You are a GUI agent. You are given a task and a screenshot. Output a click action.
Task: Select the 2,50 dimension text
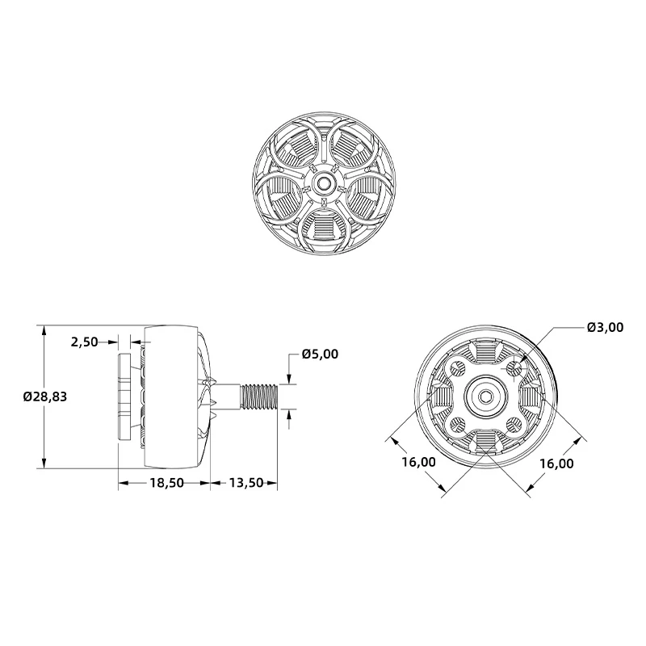click(x=84, y=342)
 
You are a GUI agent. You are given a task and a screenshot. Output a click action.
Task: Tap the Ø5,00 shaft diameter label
click(x=320, y=354)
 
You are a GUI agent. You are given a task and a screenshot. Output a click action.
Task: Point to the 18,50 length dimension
click(x=166, y=483)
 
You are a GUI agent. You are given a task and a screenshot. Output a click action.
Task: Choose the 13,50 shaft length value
click(x=246, y=483)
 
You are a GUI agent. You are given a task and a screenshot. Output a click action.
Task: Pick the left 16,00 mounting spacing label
click(x=418, y=463)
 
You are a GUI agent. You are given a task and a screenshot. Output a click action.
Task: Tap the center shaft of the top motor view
click(x=324, y=183)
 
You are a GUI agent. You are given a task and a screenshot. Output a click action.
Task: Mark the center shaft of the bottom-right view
click(x=485, y=396)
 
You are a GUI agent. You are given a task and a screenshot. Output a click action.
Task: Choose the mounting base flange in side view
click(x=126, y=396)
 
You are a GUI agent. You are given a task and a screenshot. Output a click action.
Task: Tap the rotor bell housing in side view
click(x=171, y=396)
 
